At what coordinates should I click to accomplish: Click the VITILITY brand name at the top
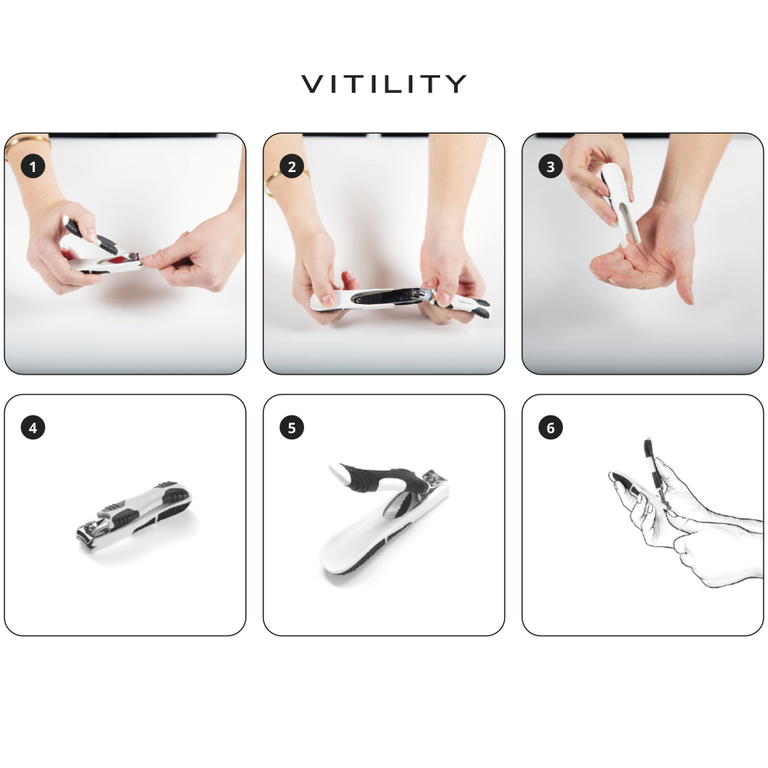coord(384,84)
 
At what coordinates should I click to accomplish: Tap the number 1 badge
coord(32,167)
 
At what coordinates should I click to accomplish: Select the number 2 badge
coord(291,167)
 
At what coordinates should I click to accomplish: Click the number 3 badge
coord(550,167)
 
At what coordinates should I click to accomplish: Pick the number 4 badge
coord(32,428)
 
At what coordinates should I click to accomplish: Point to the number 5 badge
coord(291,428)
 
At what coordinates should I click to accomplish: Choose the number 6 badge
coord(550,428)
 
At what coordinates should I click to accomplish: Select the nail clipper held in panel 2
coord(392,298)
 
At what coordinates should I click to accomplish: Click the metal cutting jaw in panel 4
coord(92,530)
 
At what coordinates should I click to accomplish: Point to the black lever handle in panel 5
coord(376,478)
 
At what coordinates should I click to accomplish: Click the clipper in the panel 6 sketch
coord(654,468)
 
